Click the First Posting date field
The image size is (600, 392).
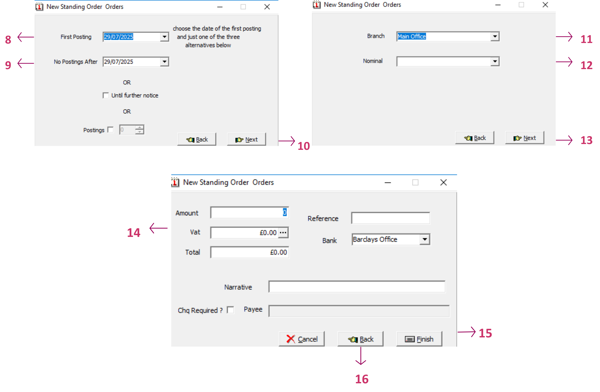coord(132,37)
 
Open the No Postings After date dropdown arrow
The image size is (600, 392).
coord(165,62)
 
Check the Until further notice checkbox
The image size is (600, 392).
coord(106,95)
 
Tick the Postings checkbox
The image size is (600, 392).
coord(111,130)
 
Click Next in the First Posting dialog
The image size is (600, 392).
coord(246,139)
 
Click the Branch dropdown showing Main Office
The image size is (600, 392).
coord(444,36)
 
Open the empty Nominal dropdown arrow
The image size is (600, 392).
coord(495,61)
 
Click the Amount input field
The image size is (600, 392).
coord(250,212)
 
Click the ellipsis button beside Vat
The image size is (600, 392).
coord(283,232)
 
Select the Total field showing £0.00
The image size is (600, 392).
coord(250,252)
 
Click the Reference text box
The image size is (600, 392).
coord(390,218)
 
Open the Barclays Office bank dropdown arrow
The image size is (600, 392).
coord(425,239)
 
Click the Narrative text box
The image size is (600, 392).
coord(357,287)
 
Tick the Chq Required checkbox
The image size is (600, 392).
coord(231,310)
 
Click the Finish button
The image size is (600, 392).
coord(419,339)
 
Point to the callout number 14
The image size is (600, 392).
coord(134,233)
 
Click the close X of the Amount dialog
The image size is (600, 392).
coord(444,182)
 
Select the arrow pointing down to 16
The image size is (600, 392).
coord(361,356)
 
